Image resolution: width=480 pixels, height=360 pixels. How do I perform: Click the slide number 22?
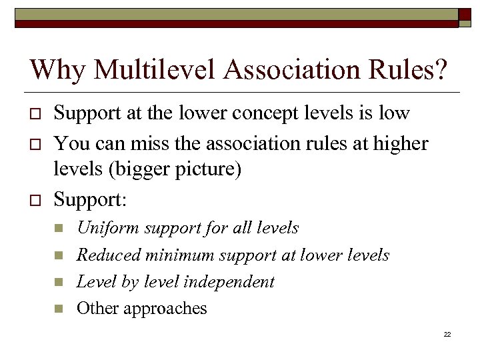[447, 334]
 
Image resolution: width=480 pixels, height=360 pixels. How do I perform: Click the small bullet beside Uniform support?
[59, 229]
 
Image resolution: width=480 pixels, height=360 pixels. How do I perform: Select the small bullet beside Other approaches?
[59, 309]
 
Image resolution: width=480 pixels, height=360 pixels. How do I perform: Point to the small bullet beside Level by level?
[59, 282]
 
